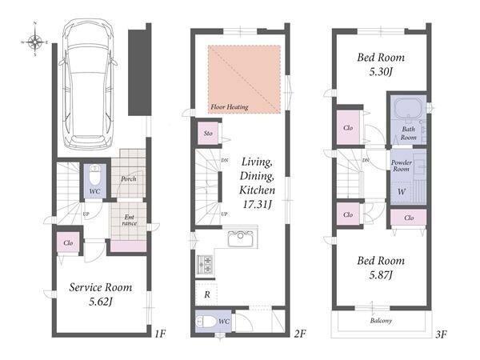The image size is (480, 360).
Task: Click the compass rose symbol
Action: tap(35, 40)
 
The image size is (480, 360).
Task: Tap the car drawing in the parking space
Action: tap(88, 84)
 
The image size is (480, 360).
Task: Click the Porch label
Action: tap(129, 178)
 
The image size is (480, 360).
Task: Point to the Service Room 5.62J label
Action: tap(101, 294)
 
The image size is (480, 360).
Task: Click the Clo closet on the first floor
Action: tap(68, 242)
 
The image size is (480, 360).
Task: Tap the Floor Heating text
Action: tap(230, 107)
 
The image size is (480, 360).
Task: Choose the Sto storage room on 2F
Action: tap(208, 133)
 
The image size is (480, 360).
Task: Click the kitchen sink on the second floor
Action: tap(241, 238)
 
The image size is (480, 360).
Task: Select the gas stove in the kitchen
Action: tap(205, 264)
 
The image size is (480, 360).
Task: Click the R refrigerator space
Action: tap(207, 294)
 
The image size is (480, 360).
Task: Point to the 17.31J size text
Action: tap(257, 204)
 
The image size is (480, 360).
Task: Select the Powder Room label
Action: tap(402, 166)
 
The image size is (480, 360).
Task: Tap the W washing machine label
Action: tap(402, 192)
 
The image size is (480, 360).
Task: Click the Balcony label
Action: tap(381, 321)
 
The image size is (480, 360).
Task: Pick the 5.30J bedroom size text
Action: tap(381, 72)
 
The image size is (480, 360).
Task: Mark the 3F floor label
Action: tap(441, 334)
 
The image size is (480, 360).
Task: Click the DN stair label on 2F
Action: tap(225, 160)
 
